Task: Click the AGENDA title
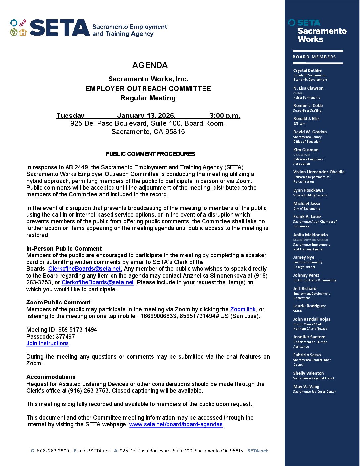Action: click(150, 65)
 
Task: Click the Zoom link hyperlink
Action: click(243, 309)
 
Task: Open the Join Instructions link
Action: click(48, 343)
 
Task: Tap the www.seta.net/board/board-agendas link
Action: click(176, 424)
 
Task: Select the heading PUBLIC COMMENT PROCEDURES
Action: click(150, 154)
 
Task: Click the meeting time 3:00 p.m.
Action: click(225, 116)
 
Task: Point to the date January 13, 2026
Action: click(146, 116)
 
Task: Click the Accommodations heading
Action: click(51, 377)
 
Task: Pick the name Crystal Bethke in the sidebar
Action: click(307, 70)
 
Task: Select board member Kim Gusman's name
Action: click(306, 150)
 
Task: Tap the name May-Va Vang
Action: click(306, 386)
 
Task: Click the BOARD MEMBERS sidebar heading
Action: click(314, 57)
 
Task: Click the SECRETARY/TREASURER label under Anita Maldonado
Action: click(310, 240)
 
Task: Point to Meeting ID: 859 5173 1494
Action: click(62, 330)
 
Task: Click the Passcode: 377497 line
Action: click(51, 337)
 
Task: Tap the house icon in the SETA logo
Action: click(23, 32)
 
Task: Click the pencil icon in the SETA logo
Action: click(22, 23)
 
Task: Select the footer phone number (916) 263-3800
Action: click(53, 451)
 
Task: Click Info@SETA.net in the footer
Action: click(94, 451)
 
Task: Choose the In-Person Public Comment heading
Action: click(64, 249)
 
